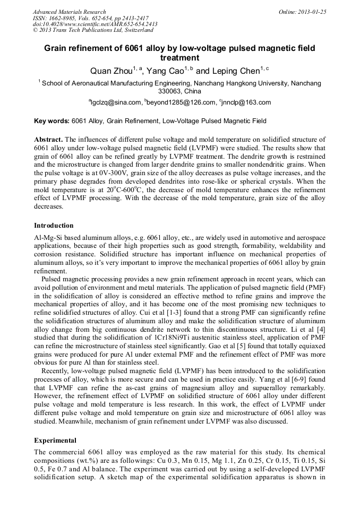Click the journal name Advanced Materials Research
pos(69,12)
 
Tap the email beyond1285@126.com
pos(179,102)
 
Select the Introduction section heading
pos(54,225)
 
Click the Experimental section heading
pos(55,441)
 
